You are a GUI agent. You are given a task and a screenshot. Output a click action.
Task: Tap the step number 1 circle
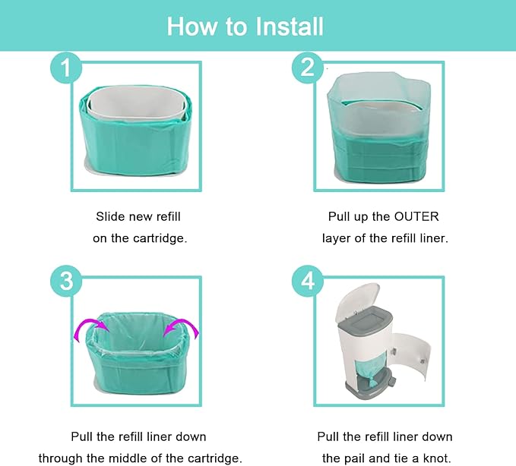click(68, 68)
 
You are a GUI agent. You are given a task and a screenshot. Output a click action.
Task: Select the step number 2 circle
click(307, 68)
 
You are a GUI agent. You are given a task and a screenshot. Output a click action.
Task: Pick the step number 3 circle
click(68, 282)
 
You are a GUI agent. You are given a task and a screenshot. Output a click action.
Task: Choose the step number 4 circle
click(307, 282)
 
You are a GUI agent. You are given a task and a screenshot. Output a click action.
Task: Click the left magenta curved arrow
click(88, 331)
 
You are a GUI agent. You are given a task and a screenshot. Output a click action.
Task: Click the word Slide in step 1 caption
click(111, 216)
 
